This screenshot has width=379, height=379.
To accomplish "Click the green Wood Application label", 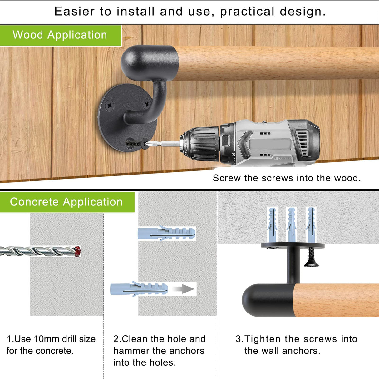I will tap(60, 35).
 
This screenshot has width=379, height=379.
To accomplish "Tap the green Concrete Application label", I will tap(66, 202).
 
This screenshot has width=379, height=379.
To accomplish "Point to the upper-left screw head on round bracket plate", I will tap(109, 106).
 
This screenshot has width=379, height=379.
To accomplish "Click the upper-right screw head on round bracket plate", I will tap(146, 104).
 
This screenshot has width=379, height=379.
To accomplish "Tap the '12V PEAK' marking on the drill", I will tap(282, 158).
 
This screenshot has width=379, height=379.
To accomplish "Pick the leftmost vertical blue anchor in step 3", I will tap(272, 224).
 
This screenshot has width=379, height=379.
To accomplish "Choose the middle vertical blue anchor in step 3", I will tap(292, 224).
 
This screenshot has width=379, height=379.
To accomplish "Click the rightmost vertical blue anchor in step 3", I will tap(311, 224).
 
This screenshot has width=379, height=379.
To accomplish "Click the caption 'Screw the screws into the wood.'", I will tap(287, 178).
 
